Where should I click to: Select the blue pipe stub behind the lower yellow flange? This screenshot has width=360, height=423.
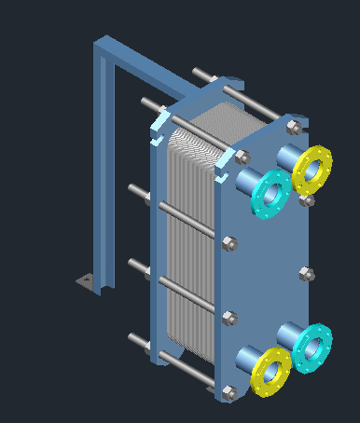[247, 358]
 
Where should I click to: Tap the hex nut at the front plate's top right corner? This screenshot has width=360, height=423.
[294, 127]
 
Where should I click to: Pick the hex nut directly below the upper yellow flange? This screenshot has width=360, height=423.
[309, 200]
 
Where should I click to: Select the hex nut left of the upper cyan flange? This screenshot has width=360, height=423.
[242, 157]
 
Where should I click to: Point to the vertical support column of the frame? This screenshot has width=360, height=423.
[104, 168]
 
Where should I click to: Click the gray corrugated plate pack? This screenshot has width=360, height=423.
[191, 242]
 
